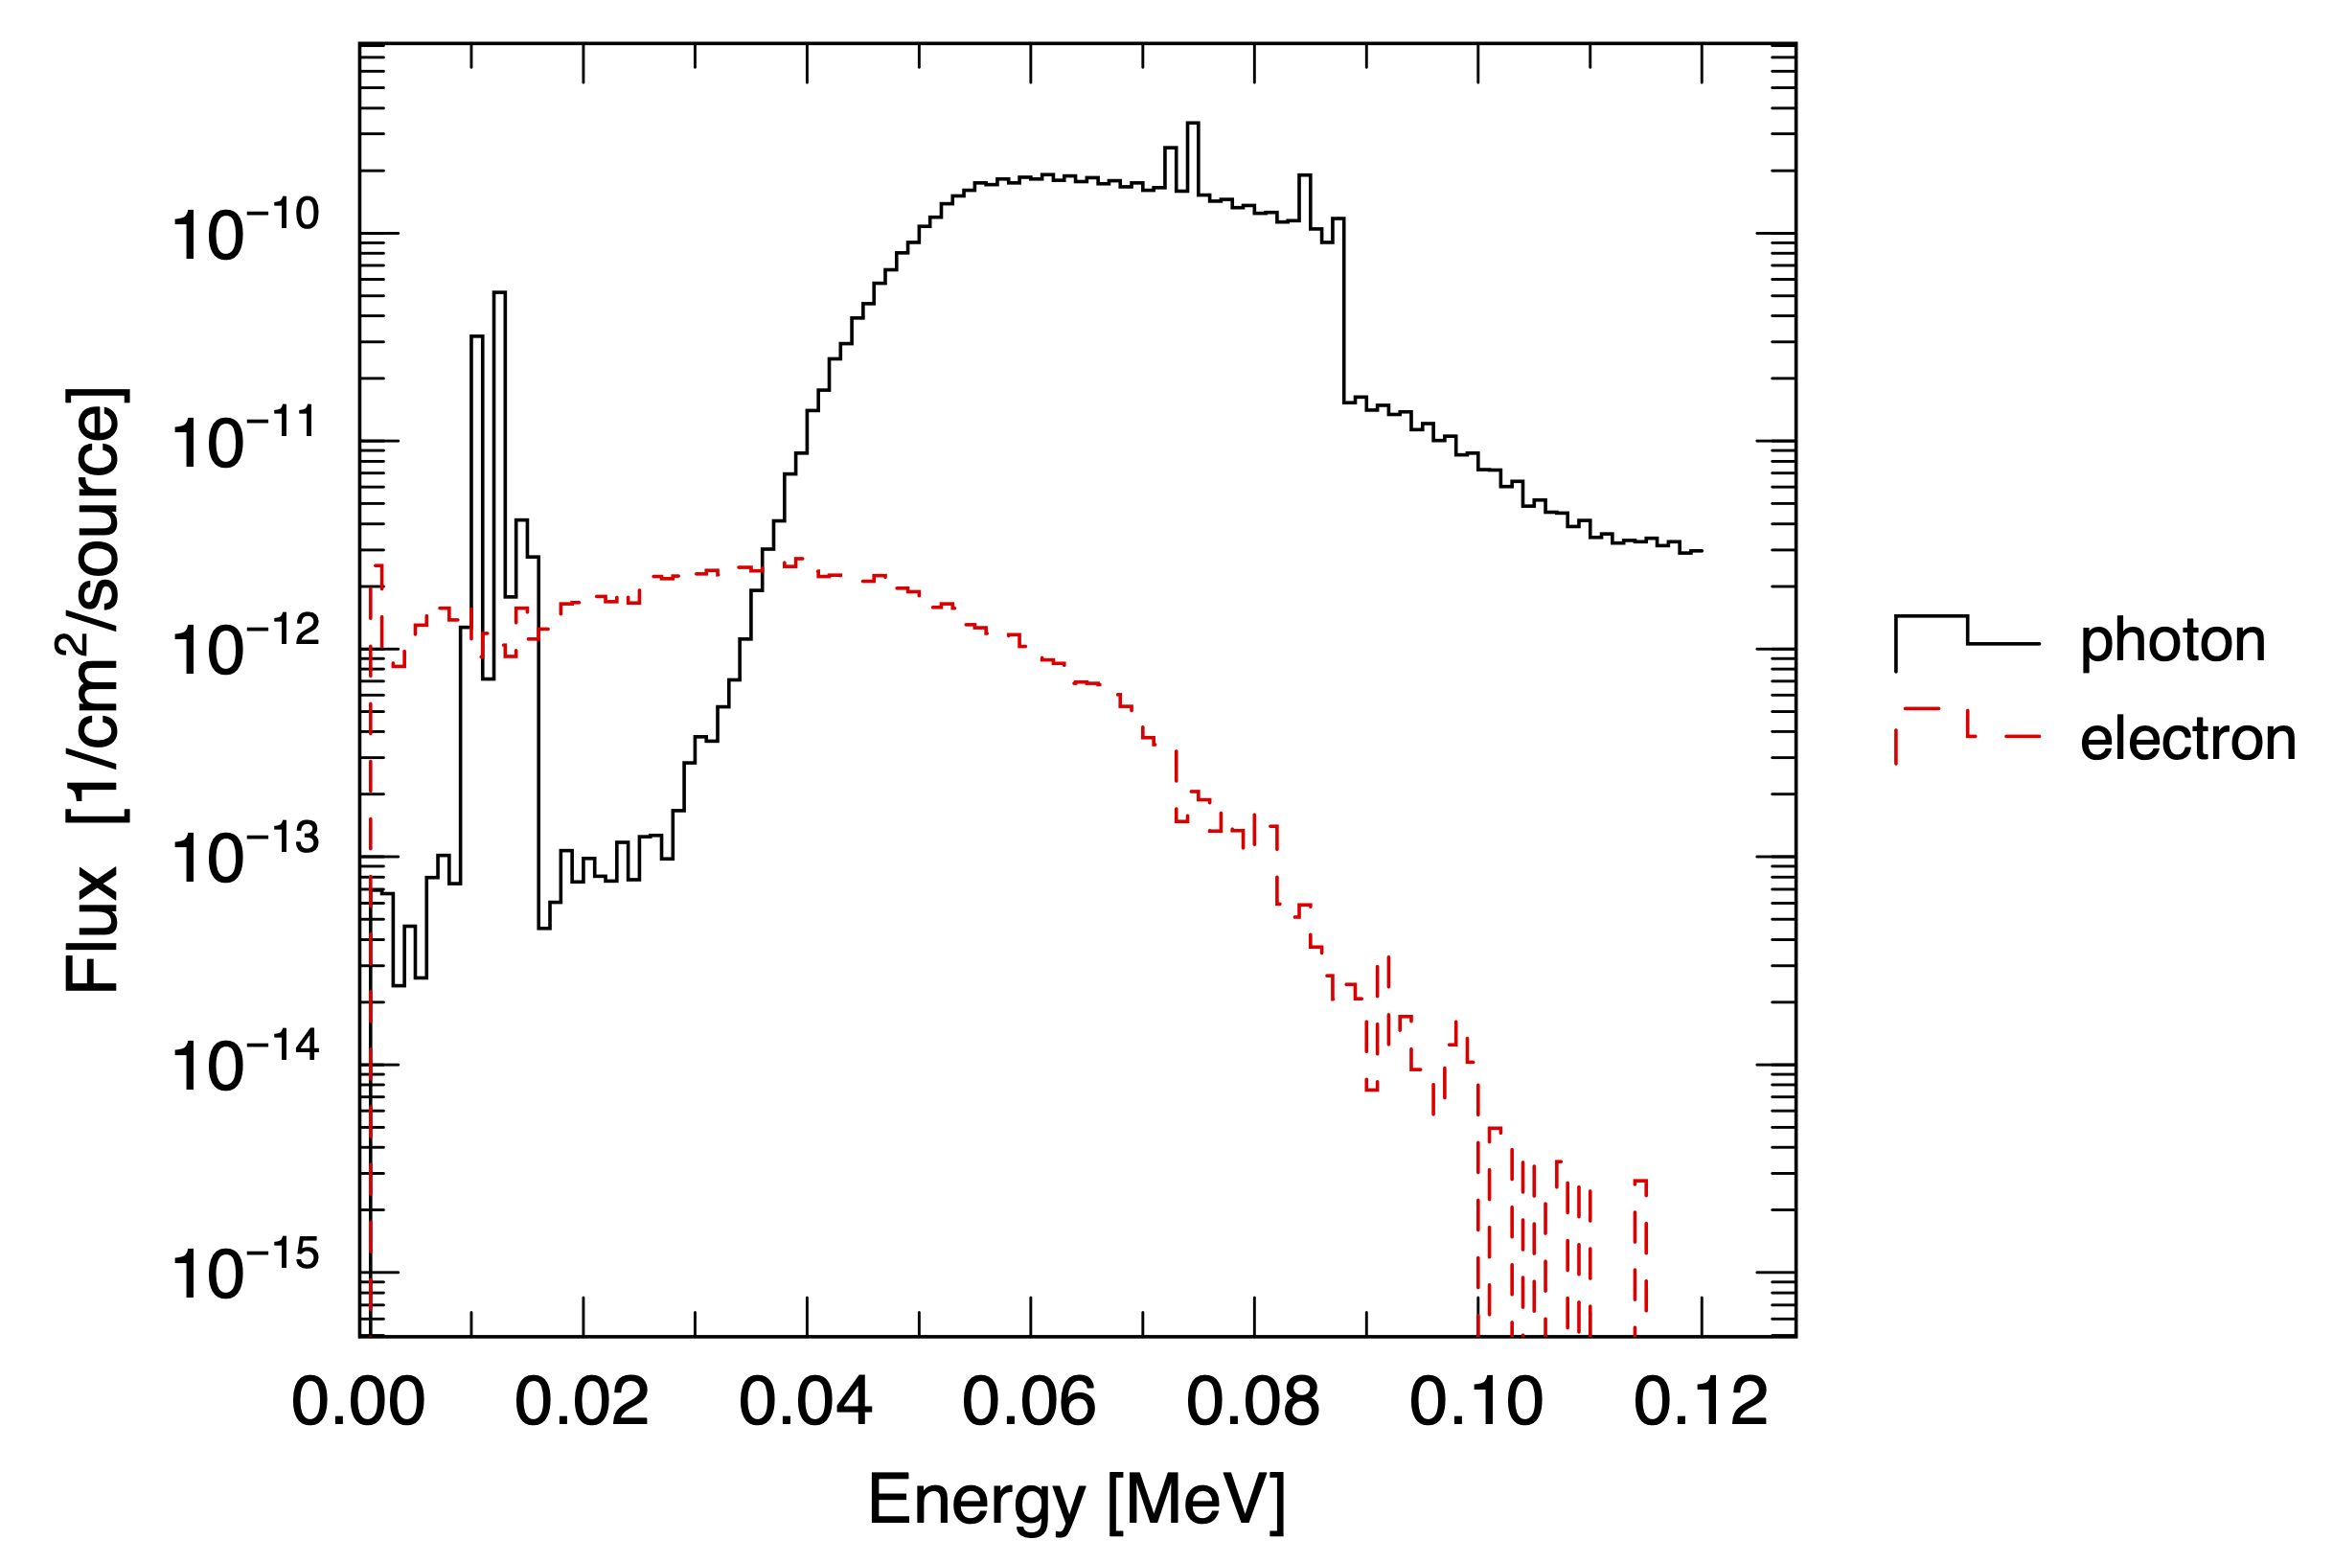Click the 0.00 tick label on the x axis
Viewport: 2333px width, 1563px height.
pyautogui.click(x=357, y=1403)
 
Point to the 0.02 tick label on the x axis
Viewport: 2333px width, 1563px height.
pyautogui.click(x=582, y=1403)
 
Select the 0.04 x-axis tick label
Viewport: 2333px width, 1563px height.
pyautogui.click(x=805, y=1403)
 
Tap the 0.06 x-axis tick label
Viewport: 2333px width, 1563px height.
pyautogui.click(x=1028, y=1403)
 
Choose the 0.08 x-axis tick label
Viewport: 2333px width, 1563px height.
pyautogui.click(x=1252, y=1403)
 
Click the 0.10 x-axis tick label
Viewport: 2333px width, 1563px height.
pyautogui.click(x=1475, y=1403)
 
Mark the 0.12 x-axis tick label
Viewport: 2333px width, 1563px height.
pyautogui.click(x=1701, y=1403)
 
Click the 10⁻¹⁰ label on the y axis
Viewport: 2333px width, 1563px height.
pyautogui.click(x=245, y=233)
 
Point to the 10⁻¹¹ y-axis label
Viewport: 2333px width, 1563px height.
pyautogui.click(x=245, y=441)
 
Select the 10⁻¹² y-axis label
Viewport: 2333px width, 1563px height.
pyautogui.click(x=245, y=649)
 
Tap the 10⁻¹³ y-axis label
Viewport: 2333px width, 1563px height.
pyautogui.click(x=245, y=857)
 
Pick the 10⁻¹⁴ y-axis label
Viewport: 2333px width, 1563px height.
pyautogui.click(x=245, y=1065)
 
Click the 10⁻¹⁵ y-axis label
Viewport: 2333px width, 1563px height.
pyautogui.click(x=245, y=1272)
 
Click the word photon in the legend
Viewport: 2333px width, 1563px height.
pyautogui.click(x=2173, y=640)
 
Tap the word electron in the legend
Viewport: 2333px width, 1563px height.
pyautogui.click(x=2187, y=739)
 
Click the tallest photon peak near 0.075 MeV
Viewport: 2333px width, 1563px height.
pyautogui.click(x=1193, y=125)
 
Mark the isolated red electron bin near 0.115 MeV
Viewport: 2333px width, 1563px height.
pyautogui.click(x=1639, y=1183)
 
